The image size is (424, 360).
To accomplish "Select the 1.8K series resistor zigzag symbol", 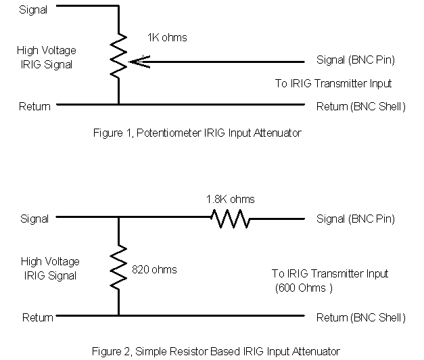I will coord(230,219).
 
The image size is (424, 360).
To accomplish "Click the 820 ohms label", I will coord(155,269).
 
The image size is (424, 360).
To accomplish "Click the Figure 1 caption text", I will coord(196,133).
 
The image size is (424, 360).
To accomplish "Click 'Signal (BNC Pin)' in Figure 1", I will coord(355,60).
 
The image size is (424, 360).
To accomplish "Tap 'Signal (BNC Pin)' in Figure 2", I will coord(355,219).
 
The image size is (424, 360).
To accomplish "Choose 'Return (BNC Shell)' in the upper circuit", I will coord(360,106).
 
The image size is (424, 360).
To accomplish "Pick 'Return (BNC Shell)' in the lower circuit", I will coord(360,317).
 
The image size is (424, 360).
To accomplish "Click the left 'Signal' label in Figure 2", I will coord(34,219).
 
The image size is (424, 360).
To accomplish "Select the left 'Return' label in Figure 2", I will coord(38,317).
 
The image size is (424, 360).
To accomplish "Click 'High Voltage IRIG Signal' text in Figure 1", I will coord(51,58).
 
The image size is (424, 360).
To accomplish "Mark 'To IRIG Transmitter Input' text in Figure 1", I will coord(333,83).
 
